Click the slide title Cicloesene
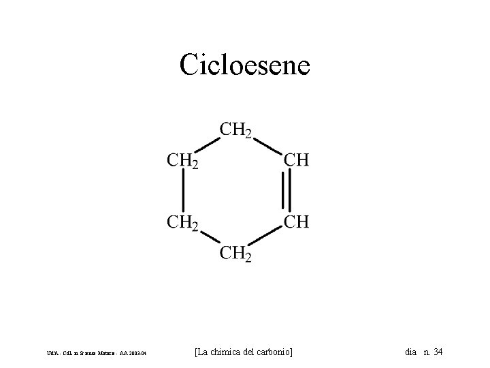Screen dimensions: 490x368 pos(245,65)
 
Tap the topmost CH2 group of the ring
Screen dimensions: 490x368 pos(235,129)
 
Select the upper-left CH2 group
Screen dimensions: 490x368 pos(182,162)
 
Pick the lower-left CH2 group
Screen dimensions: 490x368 pos(182,222)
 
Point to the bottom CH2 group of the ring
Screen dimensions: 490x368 pos(235,255)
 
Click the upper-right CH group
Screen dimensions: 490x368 pos(295,161)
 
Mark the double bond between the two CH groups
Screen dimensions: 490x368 pos(289,191)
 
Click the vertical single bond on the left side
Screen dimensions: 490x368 pos(183,191)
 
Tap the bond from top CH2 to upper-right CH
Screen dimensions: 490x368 pos(267,146)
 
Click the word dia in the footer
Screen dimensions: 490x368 pos(410,352)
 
